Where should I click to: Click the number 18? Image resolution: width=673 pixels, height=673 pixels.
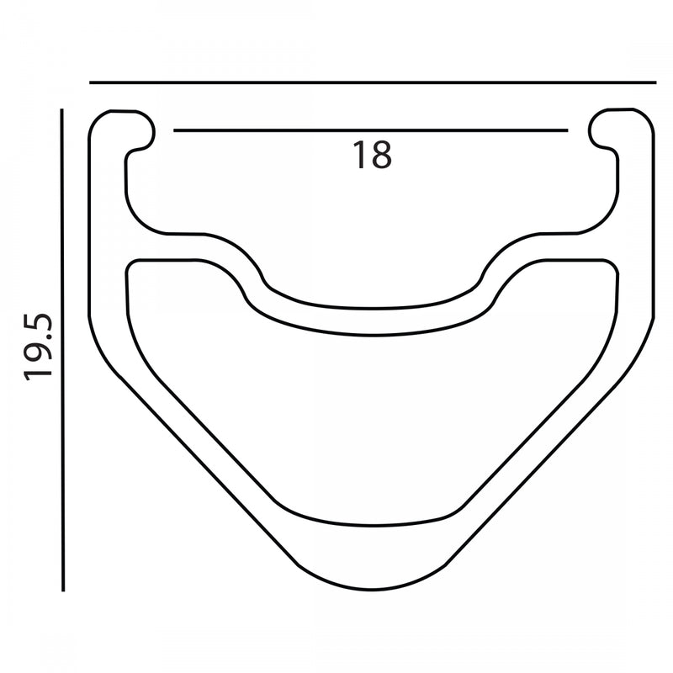pos(371,155)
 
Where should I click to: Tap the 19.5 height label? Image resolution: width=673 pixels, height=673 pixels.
pos(39,346)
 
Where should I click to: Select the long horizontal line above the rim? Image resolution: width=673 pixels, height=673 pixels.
pos(372,82)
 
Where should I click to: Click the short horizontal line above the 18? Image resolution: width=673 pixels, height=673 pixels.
pos(370,130)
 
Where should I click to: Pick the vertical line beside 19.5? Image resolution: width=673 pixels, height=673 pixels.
pos(63,349)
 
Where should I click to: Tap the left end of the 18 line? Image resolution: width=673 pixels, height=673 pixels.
pos(174,130)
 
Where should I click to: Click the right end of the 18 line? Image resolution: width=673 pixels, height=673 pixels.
pos(567,130)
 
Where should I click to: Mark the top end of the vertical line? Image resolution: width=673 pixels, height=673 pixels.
pos(63,109)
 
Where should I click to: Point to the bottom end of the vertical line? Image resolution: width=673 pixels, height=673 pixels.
pos(63,590)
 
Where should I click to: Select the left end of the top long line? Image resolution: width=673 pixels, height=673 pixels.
pos(90,82)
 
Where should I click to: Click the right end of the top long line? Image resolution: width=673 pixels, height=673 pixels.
pos(654,82)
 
